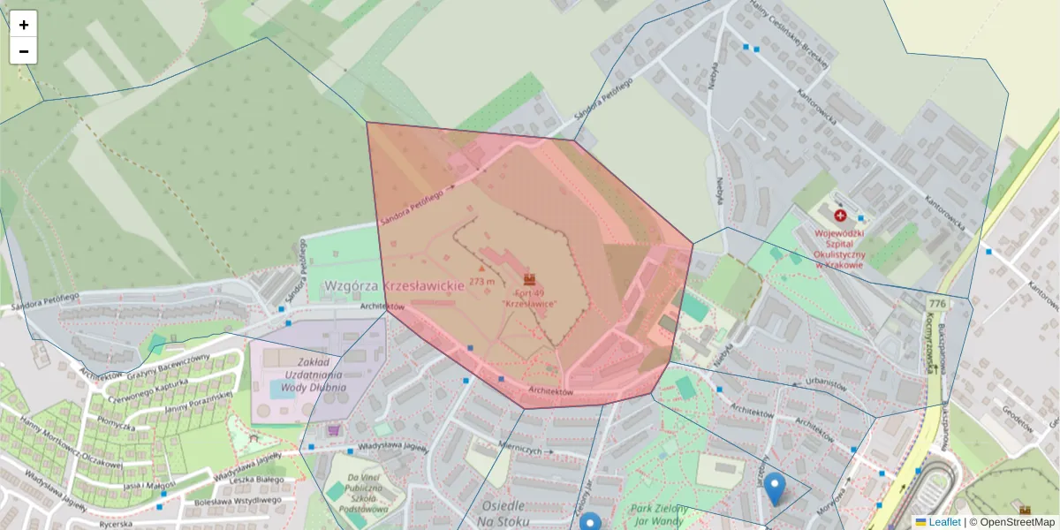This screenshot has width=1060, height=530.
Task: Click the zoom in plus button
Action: tap(24, 25)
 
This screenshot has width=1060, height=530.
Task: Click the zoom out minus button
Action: tap(24, 51)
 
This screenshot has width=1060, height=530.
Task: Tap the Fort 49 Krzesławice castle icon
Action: tap(530, 279)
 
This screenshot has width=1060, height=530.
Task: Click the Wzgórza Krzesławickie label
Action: tap(394, 286)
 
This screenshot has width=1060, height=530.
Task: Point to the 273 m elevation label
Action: tap(482, 281)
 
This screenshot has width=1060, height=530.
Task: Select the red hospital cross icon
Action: tap(839, 215)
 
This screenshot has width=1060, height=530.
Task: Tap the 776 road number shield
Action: tap(936, 304)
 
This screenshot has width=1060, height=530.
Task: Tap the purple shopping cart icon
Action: tap(334, 430)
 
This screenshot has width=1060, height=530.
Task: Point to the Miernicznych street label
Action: tap(519, 448)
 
